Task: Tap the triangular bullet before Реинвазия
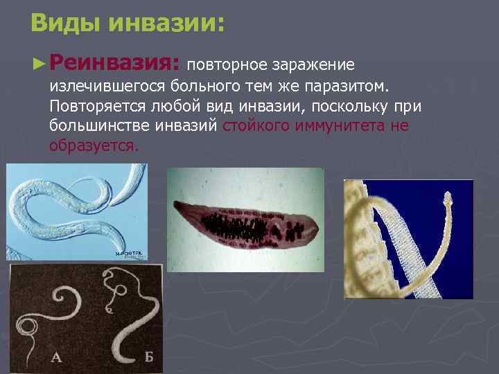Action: pos(39,64)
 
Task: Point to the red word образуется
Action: pos(94,146)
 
